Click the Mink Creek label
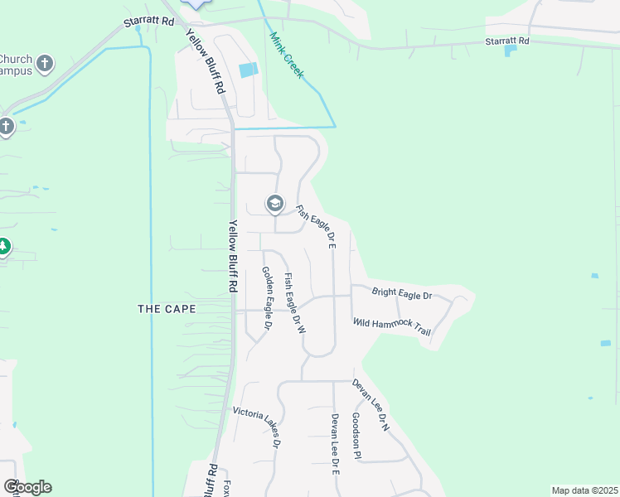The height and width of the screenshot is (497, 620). [x=288, y=55]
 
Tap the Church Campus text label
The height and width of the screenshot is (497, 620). [x=17, y=65]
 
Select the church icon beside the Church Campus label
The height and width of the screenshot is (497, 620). [x=46, y=63]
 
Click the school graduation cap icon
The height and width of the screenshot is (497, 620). [x=274, y=203]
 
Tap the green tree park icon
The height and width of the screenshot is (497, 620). [x=3, y=247]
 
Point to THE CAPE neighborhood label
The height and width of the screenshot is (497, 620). [x=167, y=309]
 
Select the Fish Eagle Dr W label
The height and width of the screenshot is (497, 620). [x=295, y=303]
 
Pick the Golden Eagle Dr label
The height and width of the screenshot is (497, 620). [x=267, y=298]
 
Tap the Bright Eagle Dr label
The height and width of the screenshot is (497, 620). [x=402, y=293]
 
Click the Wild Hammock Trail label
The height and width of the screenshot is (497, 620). [x=392, y=327]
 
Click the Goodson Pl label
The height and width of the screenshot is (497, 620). [x=356, y=436]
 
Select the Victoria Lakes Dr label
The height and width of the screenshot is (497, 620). [x=258, y=423]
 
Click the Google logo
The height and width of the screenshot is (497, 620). [x=27, y=487]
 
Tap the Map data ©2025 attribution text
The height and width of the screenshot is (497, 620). [x=584, y=490]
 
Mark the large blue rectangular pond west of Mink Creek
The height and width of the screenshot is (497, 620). [x=248, y=70]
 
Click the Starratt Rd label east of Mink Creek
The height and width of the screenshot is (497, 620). [x=507, y=41]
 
